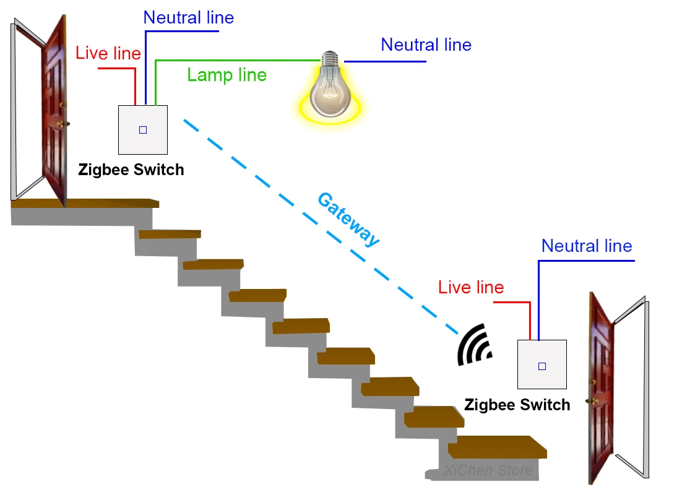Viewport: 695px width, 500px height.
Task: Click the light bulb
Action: coord(330,90)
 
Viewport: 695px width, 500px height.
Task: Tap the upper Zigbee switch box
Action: coord(143,130)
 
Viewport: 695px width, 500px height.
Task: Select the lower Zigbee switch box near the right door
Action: coord(542,365)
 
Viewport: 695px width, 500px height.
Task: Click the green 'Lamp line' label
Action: coord(227,75)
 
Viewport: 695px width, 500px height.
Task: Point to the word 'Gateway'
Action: coord(348,220)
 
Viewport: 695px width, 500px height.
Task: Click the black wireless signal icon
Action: coord(473,346)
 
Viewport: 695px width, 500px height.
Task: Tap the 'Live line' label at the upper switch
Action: coord(108,53)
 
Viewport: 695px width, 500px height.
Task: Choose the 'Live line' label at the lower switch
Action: coord(471,287)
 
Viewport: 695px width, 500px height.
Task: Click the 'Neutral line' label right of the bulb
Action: coord(426,45)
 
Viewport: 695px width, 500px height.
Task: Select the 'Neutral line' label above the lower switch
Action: coord(587,246)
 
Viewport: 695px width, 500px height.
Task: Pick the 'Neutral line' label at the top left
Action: coord(188,17)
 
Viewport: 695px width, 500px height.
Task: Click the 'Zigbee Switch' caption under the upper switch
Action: coord(131,170)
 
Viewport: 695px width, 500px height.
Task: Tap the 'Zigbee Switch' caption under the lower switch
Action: coord(517,405)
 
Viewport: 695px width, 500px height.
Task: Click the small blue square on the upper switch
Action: coord(143,130)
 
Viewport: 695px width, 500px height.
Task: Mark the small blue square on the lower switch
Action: coord(542,366)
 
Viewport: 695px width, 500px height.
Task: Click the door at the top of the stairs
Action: coord(54,111)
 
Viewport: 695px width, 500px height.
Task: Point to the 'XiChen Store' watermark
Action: coord(488,471)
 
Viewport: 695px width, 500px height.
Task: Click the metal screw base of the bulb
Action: coord(330,59)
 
